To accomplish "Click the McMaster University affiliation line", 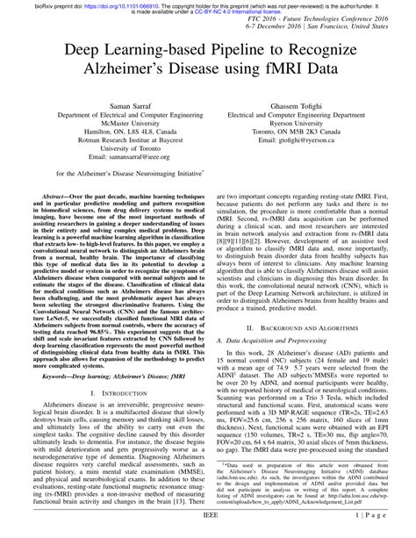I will [113, 124].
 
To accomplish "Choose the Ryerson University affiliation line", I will [288, 124].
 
